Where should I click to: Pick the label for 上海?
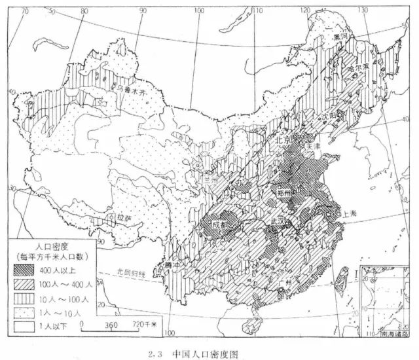click(x=348, y=214)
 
